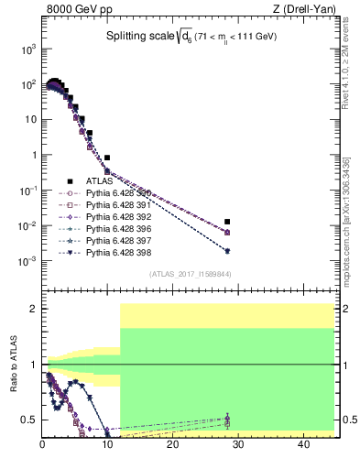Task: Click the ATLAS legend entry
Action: [98, 180]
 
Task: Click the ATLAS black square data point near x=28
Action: [227, 222]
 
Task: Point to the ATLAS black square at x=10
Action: [107, 158]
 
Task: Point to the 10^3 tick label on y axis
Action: [27, 49]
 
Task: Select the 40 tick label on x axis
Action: [302, 445]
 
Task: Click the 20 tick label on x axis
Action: [172, 445]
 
